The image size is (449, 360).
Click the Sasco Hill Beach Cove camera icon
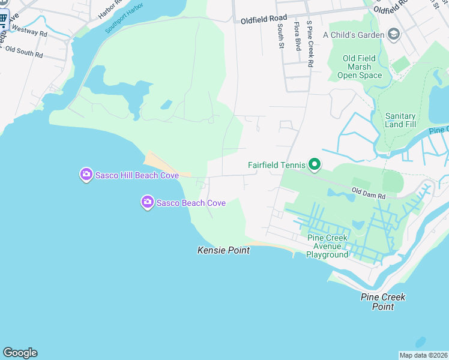86,175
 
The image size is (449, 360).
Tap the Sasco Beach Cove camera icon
147,203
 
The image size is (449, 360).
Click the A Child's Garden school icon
394,34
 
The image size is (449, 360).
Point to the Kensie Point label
223,250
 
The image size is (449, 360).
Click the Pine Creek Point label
383,302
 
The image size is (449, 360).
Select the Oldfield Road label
264,19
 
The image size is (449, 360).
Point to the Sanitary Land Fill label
400,120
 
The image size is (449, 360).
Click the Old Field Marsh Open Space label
359,67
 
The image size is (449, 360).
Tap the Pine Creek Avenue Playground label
327,246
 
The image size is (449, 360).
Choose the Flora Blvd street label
297,36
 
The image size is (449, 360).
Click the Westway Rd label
29,31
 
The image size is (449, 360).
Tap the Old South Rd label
24,52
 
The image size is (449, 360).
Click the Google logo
20,353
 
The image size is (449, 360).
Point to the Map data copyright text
423,355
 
